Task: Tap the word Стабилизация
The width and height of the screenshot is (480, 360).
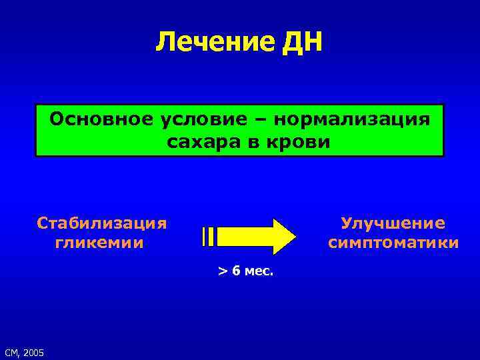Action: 102,222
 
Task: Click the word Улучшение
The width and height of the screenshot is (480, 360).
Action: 393,222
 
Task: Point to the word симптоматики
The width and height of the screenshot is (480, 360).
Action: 393,242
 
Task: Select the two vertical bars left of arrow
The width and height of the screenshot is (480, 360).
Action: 207,236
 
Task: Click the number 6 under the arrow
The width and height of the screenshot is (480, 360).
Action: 236,272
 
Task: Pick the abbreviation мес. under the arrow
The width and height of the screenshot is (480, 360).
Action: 259,272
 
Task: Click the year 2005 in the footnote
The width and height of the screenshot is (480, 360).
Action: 33,352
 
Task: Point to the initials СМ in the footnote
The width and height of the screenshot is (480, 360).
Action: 11,352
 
